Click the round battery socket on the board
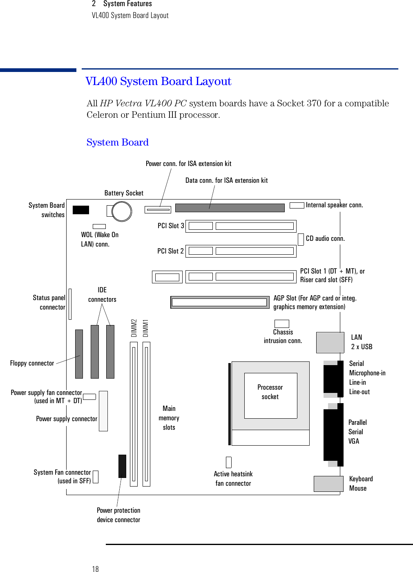[121, 211]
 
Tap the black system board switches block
[80, 210]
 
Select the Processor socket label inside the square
[270, 392]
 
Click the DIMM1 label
[146, 328]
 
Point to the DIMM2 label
[134, 328]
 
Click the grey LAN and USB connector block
[330, 343]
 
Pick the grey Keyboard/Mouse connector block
[328, 484]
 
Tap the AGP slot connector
[219, 302]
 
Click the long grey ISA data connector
[230, 208]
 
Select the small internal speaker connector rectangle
[297, 205]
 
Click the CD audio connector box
[301, 239]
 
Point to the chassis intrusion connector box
[281, 324]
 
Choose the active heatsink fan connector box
[229, 462]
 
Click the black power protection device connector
[122, 466]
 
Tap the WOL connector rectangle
[99, 226]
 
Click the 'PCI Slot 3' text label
[171, 226]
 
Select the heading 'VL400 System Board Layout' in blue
[159, 81]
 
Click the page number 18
[95, 569]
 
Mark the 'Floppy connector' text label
[32, 363]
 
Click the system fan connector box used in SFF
[96, 477]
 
